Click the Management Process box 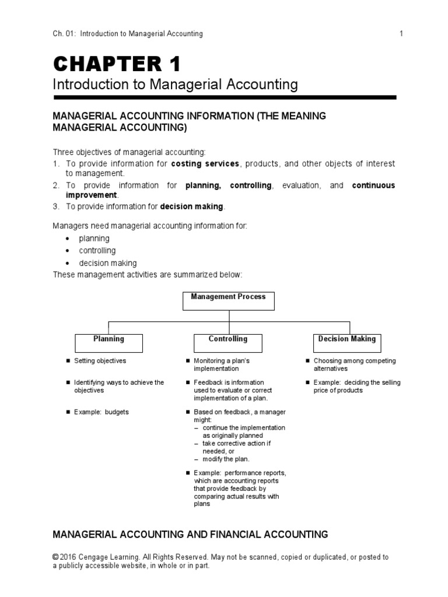[x=228, y=300]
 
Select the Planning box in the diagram [x=108, y=342]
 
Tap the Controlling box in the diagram [x=228, y=342]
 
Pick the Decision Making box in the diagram [x=346, y=342]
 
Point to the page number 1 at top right [x=401, y=34]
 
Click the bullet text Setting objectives [x=100, y=361]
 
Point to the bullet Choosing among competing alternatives [x=354, y=364]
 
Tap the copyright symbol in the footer [x=56, y=557]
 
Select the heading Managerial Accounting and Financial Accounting [x=190, y=534]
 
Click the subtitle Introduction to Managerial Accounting [x=175, y=85]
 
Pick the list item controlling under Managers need [x=97, y=251]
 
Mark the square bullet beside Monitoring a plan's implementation [x=187, y=361]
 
